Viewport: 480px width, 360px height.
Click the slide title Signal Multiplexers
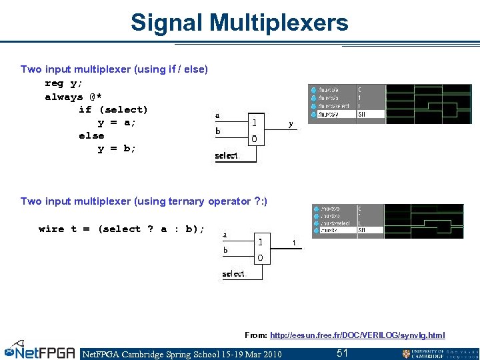(x=239, y=23)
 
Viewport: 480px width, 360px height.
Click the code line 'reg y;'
(x=63, y=83)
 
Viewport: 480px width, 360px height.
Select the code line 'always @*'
(x=73, y=97)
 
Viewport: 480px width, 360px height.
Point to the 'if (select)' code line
(x=113, y=109)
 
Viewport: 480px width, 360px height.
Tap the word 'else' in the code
(x=91, y=135)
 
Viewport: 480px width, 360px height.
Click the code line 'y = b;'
(x=117, y=149)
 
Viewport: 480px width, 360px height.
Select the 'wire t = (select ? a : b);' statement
(x=121, y=229)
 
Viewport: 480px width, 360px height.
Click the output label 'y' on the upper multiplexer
(x=291, y=124)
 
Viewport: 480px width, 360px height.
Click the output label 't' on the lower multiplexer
(x=295, y=243)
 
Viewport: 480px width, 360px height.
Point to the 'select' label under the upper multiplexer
(x=226, y=156)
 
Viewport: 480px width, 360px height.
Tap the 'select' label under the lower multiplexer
(x=233, y=274)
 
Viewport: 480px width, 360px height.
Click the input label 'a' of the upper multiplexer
(x=217, y=115)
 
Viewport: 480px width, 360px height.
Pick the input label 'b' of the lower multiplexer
(x=225, y=250)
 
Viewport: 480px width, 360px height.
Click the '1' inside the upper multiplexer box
(x=253, y=123)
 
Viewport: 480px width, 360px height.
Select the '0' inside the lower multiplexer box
(x=260, y=257)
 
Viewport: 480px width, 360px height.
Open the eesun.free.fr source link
(x=357, y=335)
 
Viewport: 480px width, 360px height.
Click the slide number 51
(x=342, y=353)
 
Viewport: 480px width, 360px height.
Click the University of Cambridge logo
(x=440, y=353)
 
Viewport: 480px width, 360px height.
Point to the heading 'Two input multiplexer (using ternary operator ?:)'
(x=143, y=201)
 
